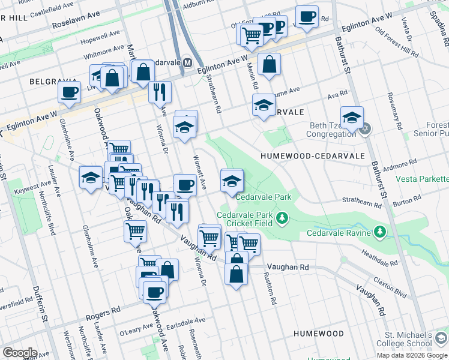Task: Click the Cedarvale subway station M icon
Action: click(187, 62)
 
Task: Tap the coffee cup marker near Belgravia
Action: click(69, 92)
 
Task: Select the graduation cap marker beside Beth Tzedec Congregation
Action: click(352, 116)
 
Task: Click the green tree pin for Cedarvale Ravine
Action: click(379, 232)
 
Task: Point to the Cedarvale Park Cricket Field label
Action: click(245, 218)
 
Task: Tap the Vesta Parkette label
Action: click(422, 179)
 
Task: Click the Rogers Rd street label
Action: click(103, 311)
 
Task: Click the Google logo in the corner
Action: click(20, 353)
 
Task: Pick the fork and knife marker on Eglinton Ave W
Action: click(159, 91)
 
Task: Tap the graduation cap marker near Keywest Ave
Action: click(91, 177)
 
